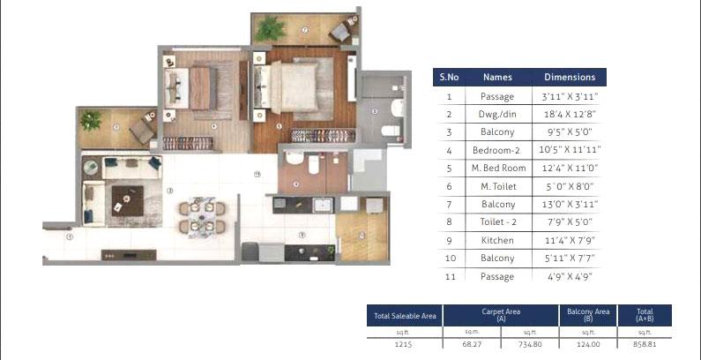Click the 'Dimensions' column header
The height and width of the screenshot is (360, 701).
[570, 77]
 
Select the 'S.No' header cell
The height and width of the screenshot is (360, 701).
[449, 77]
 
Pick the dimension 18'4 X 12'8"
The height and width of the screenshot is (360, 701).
[570, 115]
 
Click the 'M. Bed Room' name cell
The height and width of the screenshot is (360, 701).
[497, 168]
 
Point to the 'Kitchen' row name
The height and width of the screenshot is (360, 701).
[497, 240]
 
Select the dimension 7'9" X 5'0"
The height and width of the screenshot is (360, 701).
[570, 222]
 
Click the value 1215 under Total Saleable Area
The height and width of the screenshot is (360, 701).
[405, 344]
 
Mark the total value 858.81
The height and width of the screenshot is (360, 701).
[645, 344]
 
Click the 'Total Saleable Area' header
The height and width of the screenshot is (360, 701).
[405, 316]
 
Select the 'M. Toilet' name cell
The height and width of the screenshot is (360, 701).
[497, 186]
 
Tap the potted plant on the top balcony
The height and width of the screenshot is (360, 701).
[270, 29]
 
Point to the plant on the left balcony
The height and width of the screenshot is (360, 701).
[90, 119]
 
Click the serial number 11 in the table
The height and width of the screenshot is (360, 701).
[449, 276]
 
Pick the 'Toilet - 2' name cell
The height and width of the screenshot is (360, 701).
[497, 222]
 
